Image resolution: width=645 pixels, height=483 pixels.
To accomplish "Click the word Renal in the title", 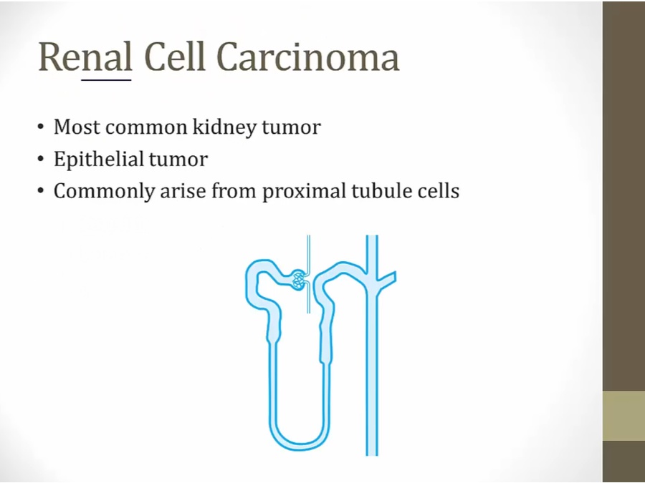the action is (x=85, y=57).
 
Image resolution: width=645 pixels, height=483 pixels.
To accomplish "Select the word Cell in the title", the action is (x=175, y=57).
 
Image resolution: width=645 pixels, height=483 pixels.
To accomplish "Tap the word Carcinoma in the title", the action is (x=308, y=57).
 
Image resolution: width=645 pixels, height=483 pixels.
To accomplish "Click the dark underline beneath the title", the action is (x=106, y=79).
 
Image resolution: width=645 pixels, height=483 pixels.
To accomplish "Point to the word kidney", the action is (x=224, y=127).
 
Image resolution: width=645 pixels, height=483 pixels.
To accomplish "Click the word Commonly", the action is (x=104, y=191).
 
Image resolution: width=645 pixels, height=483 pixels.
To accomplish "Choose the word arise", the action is (x=183, y=191).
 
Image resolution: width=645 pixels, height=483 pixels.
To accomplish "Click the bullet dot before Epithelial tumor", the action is (x=40, y=159).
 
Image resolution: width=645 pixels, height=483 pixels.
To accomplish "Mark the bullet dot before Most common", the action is (x=40, y=127).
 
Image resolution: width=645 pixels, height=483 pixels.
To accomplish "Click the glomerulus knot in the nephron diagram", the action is (x=299, y=280).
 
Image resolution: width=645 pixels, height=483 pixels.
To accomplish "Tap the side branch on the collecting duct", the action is (x=387, y=280).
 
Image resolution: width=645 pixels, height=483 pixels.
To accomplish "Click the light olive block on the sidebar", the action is (x=623, y=416).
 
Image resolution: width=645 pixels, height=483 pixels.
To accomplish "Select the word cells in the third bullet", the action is (x=439, y=190).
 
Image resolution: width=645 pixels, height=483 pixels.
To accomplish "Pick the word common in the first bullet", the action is (x=146, y=127).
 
